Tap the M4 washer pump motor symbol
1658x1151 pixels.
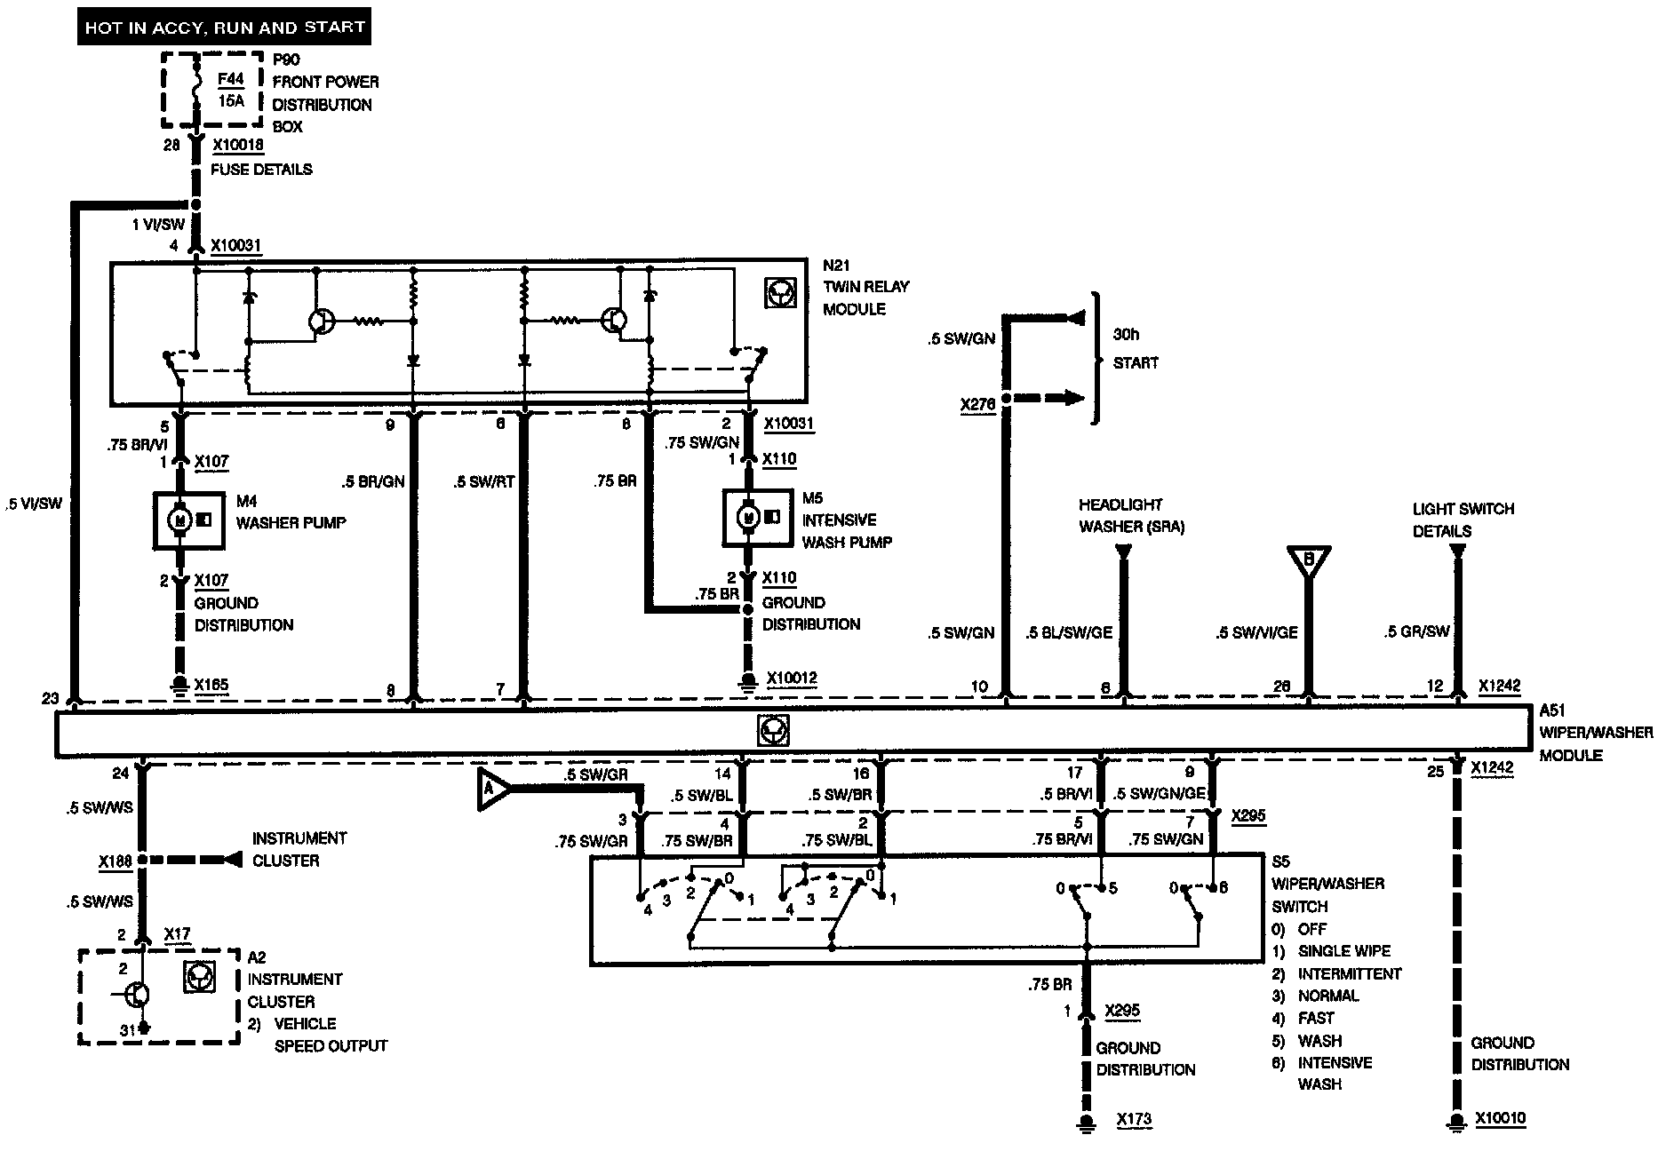179,519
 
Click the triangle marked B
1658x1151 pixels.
1308,560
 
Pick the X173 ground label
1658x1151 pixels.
1134,1119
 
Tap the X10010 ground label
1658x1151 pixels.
1500,1118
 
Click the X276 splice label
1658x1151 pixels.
978,405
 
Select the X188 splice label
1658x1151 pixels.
116,861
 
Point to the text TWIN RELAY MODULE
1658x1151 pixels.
865,298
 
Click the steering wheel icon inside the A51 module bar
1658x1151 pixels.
773,731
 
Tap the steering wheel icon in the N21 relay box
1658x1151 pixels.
780,293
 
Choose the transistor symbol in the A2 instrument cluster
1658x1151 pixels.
136,995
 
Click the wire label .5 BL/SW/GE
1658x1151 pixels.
1068,633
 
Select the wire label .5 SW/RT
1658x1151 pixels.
483,482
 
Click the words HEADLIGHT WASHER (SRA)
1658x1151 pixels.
1131,515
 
